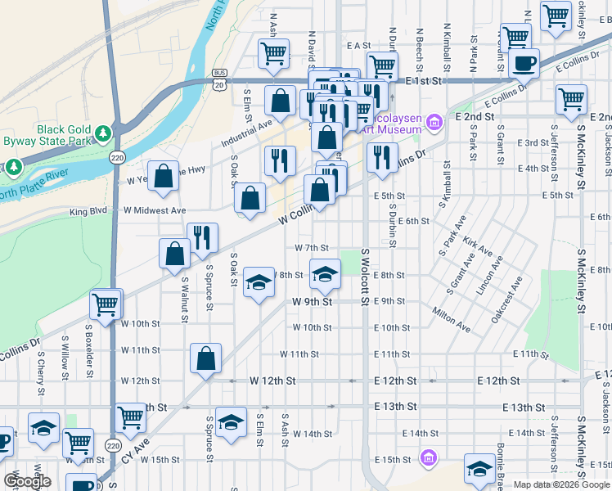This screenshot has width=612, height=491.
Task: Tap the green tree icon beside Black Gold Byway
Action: pos(103,132)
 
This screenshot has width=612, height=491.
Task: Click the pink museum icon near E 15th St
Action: pos(426,457)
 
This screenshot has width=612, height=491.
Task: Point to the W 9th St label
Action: pos(312,301)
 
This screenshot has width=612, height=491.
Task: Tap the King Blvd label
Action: pos(89,211)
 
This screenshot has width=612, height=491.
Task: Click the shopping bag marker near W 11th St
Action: pos(205,357)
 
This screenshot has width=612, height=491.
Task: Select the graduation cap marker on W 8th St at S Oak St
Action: pos(259,283)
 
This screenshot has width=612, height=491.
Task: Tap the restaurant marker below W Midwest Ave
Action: pos(202,236)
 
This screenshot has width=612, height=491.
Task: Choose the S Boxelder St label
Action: pos(88,344)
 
